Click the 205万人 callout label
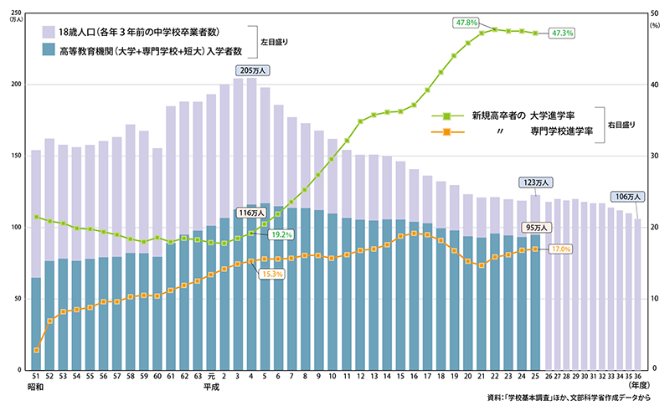251,70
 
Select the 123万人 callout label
535,182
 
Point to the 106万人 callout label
626,197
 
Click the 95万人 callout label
535,227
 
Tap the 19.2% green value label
281,235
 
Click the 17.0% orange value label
560,249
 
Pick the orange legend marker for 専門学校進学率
446,132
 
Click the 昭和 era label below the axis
34,388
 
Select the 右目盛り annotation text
621,124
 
